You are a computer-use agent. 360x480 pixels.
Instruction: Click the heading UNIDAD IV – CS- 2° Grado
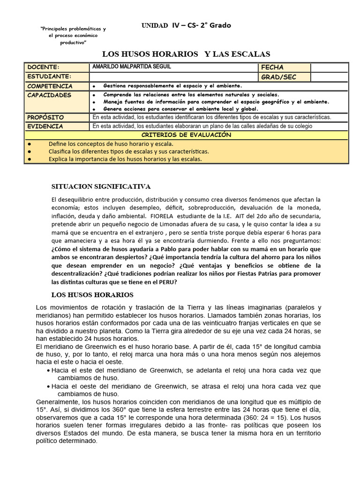[186, 25]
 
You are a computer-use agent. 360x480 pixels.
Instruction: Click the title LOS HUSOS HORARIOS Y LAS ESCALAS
[186, 54]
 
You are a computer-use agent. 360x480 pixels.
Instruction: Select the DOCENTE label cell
[44, 67]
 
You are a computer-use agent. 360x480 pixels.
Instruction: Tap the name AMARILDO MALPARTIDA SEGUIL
[132, 67]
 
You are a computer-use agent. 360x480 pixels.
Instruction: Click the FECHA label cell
[272, 67]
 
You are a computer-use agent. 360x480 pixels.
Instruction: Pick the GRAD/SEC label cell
[278, 77]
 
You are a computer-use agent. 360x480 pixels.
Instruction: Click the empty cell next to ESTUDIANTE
[173, 77]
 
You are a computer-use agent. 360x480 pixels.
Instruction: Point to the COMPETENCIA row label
[50, 86]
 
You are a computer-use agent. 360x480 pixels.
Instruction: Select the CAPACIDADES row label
[49, 95]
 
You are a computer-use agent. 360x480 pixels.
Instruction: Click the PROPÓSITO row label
[45, 117]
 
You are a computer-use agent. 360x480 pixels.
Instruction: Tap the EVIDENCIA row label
[45, 126]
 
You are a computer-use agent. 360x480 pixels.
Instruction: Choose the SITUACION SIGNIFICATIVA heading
[101, 186]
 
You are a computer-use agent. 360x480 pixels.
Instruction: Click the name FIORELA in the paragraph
[162, 216]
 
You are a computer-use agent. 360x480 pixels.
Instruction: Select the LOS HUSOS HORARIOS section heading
[92, 295]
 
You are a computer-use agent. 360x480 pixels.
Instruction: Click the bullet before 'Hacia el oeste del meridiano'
[49, 386]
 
